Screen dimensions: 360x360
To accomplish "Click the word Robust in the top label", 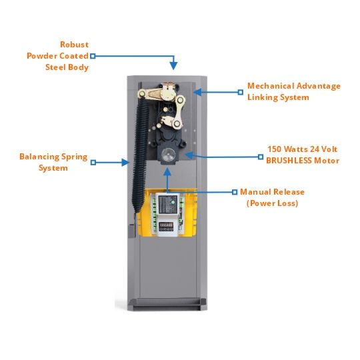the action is [74, 45].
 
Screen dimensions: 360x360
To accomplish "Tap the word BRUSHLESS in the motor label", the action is [289, 161].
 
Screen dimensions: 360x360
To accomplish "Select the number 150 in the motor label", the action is [275, 149].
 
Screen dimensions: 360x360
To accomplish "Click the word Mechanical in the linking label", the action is [271, 86].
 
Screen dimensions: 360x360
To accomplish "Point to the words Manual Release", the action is [272, 192].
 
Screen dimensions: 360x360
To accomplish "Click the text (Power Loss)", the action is [272, 203].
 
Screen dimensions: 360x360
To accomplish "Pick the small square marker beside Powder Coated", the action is [93, 56].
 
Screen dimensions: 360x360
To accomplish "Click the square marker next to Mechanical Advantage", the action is [241, 92].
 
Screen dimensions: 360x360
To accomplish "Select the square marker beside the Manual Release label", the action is [235, 192].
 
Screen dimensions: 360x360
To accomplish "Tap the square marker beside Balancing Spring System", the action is [93, 163].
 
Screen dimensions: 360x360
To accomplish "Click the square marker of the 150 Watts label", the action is [261, 157].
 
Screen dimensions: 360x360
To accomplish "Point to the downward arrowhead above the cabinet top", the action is [173, 65].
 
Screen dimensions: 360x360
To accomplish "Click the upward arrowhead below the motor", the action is [167, 172].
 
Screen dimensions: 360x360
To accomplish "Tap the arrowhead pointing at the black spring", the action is [125, 163].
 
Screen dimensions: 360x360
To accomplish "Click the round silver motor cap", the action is [168, 155].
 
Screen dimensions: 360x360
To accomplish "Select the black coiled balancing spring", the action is [140, 155].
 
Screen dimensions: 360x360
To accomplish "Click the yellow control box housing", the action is [167, 213].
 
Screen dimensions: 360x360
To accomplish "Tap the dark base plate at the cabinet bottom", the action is [167, 304].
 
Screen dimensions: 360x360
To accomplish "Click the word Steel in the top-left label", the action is [55, 67].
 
